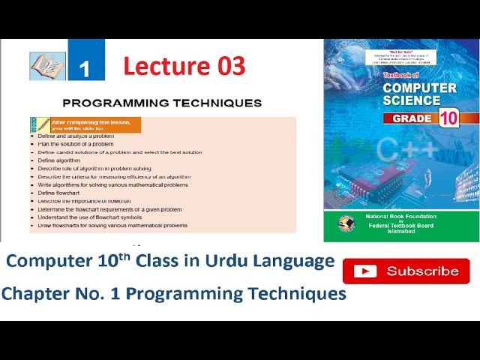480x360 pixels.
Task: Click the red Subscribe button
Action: [406, 271]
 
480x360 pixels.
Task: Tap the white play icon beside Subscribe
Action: [365, 271]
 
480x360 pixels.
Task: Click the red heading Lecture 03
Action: [184, 66]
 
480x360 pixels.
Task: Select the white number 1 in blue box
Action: [85, 68]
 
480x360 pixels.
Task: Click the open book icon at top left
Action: [47, 66]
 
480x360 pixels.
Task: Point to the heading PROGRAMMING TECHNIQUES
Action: [162, 103]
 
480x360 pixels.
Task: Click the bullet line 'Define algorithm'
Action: [58, 160]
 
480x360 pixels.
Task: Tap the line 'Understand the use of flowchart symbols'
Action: [94, 217]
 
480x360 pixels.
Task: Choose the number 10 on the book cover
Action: [448, 118]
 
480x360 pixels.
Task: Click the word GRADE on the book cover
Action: [412, 118]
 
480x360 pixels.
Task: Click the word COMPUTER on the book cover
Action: [419, 88]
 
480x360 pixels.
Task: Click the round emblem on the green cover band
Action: [346, 224]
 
